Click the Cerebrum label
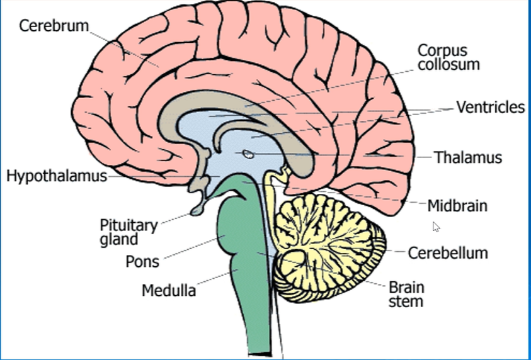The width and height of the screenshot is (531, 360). pos(54,26)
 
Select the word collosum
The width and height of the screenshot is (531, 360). pos(449,64)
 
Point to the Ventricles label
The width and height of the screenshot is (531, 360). pos(490,108)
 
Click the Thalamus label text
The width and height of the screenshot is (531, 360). pos(468,157)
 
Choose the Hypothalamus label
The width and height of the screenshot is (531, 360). pos(57,176)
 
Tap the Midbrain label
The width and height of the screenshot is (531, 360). pos(457,206)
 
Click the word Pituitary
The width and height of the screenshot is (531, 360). pos(128,225)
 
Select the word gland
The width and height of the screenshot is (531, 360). pos(118,239)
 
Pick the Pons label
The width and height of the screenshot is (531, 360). pos(142,260)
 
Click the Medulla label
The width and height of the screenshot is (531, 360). pos(168,291)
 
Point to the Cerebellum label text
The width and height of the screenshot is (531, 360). pos(448,253)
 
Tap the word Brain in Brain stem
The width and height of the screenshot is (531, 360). pos(406,288)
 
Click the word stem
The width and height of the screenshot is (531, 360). pos(406,301)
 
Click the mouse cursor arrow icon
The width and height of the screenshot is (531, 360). pos(436,227)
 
